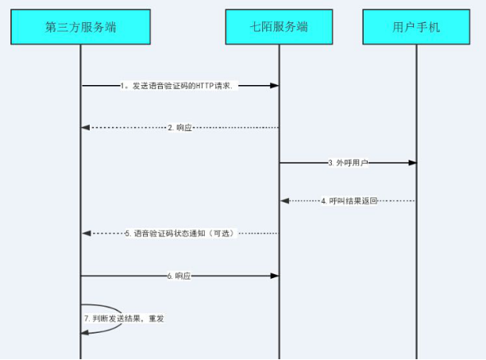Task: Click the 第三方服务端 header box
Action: coord(80,27)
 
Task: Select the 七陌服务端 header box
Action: coord(279,27)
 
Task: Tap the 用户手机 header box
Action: coord(416,27)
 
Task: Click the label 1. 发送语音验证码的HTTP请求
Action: coord(176,86)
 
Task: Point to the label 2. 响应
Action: coord(179,128)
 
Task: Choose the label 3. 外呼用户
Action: coord(348,163)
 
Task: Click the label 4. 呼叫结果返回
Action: coord(349,201)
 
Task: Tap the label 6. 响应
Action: coord(179,276)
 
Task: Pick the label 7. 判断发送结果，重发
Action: coord(124,319)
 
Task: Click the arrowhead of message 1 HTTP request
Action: coord(274,86)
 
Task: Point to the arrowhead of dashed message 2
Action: coord(85,128)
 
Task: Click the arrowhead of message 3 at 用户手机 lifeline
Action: coord(412,163)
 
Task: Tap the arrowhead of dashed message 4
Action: coord(284,201)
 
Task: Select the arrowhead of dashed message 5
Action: coord(87,233)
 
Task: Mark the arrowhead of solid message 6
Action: coord(275,276)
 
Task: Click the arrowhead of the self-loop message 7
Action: coord(85,333)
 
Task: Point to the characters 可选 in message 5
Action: coord(222,233)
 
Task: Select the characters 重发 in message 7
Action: coord(156,319)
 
